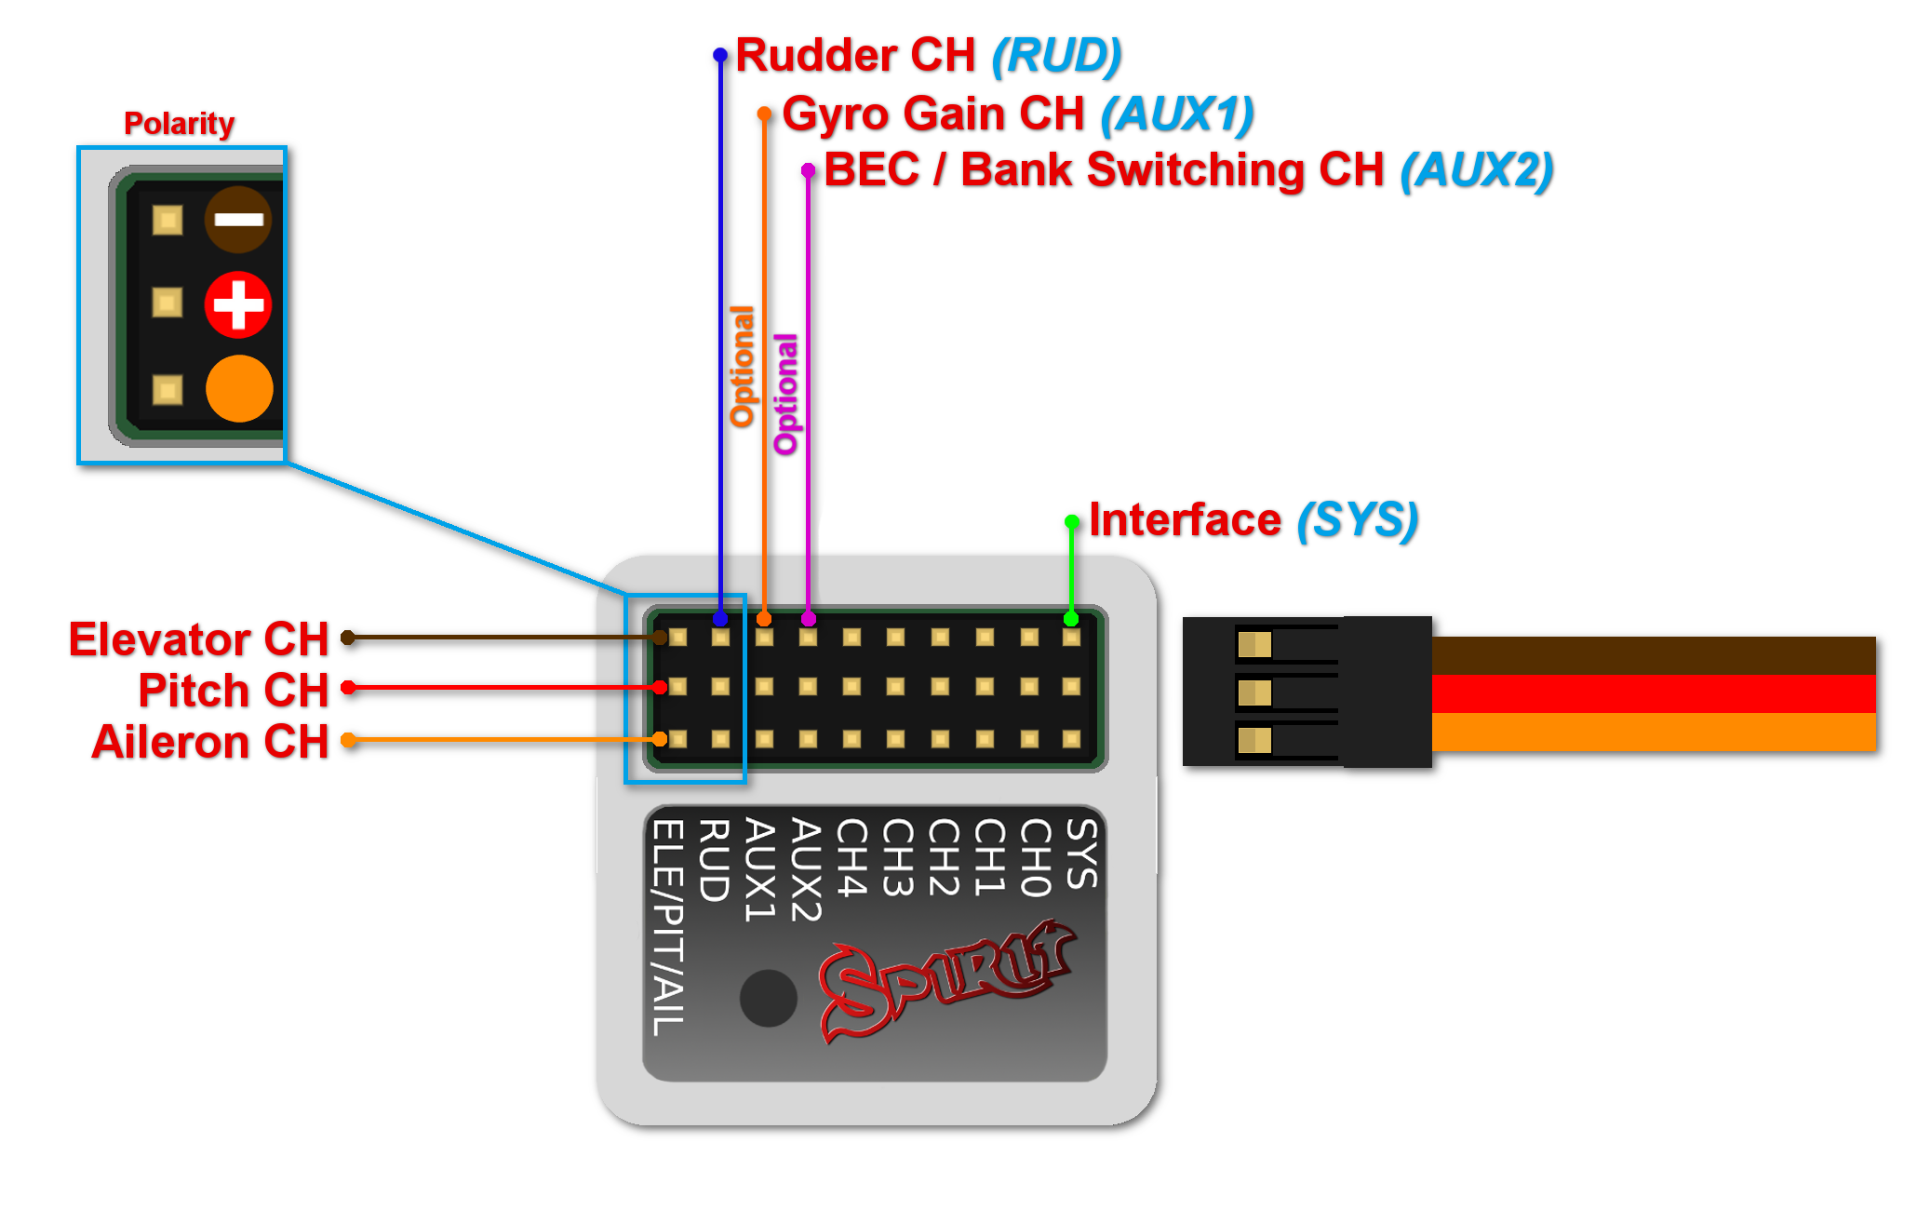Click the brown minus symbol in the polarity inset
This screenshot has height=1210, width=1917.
[238, 220]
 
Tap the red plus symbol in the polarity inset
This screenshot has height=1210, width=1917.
[238, 304]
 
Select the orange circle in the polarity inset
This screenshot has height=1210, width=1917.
[239, 388]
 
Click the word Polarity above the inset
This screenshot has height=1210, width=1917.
[179, 123]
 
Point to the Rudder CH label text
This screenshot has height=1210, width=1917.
[854, 55]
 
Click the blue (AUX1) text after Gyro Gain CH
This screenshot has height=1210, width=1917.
[1177, 114]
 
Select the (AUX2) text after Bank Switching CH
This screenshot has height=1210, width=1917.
[1477, 170]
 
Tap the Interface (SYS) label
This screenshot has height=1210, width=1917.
[1253, 519]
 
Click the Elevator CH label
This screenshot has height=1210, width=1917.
[199, 639]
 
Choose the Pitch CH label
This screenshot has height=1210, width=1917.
[234, 691]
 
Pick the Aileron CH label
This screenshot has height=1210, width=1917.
[210, 742]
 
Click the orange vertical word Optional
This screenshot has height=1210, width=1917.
[742, 366]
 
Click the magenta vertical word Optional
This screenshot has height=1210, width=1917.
[785, 394]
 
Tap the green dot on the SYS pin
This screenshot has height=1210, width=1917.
[1071, 619]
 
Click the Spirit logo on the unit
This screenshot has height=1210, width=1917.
[945, 982]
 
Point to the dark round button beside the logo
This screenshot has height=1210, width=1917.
[768, 998]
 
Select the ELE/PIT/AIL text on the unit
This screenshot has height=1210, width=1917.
[668, 927]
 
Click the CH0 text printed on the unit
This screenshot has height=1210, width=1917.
[1035, 857]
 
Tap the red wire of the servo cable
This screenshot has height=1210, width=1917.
[1653, 693]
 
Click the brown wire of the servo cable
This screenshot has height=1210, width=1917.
[1653, 655]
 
